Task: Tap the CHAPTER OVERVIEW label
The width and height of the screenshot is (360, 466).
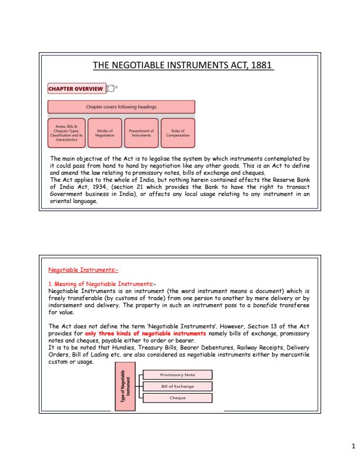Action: coord(76,89)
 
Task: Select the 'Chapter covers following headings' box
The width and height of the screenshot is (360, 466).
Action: coord(121,106)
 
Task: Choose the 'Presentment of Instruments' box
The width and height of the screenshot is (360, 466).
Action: coord(141,133)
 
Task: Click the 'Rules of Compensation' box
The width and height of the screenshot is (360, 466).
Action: coord(177,133)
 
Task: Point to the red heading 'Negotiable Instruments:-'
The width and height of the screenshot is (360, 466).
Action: coord(83,270)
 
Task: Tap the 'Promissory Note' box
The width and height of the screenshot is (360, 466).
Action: coord(178,375)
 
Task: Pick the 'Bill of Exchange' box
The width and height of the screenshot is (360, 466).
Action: coord(178,387)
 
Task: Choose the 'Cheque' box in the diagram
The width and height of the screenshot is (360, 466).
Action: coord(178,398)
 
